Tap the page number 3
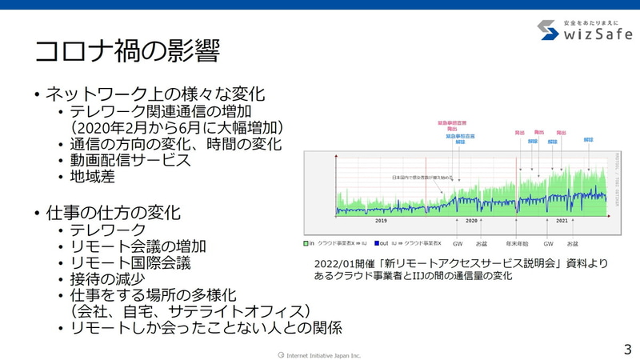coord(626,349)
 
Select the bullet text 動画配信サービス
coord(130,160)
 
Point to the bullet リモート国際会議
coord(130,262)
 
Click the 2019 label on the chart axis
coord(382,220)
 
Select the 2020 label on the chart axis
coord(471,220)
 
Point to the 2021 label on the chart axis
coord(562,220)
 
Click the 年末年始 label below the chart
coord(516,242)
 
